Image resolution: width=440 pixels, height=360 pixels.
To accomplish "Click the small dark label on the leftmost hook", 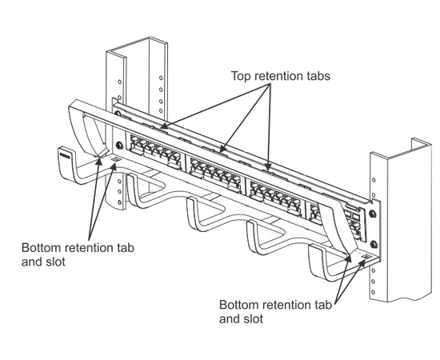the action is point(64,154).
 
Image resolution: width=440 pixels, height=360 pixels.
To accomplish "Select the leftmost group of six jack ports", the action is point(155,152).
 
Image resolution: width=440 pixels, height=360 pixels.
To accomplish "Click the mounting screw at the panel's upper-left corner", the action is point(117,114).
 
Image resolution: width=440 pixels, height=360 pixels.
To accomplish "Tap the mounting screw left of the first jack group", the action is point(119,145).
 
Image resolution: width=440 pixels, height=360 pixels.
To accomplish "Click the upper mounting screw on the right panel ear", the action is point(373,214).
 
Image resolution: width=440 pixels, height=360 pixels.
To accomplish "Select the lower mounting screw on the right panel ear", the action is point(374,244).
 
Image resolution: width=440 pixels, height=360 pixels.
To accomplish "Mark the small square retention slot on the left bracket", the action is point(116,160).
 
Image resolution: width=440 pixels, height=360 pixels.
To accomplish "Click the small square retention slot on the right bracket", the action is point(366,257).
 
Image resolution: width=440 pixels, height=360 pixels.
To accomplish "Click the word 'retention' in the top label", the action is point(278,76).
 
